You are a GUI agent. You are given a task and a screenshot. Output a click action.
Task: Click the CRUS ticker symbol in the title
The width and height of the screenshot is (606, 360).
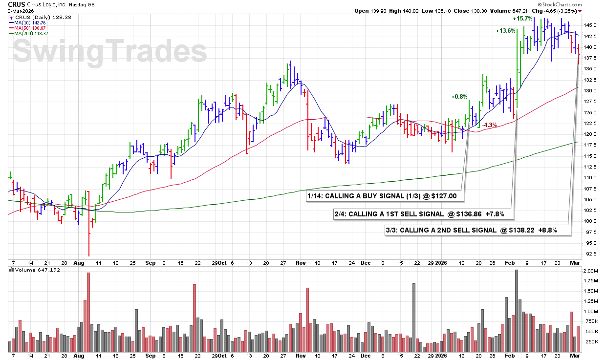tap(17, 4)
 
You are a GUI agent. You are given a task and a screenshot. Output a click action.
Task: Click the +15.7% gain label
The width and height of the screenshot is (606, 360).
tap(522, 19)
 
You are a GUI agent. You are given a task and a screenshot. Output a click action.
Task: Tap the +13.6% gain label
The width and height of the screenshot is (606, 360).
tap(505, 31)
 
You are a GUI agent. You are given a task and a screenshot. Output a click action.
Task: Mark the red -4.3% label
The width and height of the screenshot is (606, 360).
tap(489, 125)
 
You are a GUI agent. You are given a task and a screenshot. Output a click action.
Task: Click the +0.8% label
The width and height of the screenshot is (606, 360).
tap(459, 97)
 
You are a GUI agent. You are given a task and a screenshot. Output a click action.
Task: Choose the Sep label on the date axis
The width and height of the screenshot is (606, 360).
tap(151, 262)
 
